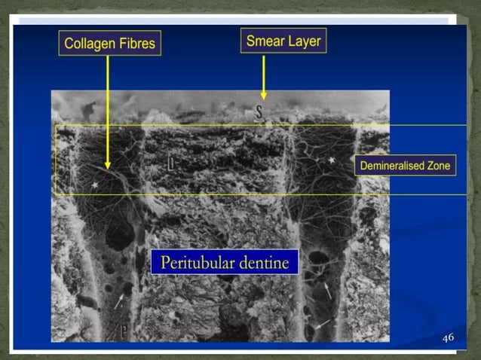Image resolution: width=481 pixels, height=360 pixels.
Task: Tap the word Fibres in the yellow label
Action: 136,44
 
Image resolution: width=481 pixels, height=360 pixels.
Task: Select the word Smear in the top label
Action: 263,41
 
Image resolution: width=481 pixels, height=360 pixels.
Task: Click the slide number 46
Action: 448,337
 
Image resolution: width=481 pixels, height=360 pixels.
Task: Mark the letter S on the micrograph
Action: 258,113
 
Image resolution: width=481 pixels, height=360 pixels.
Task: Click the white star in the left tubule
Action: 95,184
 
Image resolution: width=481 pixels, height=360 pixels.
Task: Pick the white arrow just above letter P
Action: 119,301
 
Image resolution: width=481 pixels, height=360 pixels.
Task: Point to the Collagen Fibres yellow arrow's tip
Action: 108,167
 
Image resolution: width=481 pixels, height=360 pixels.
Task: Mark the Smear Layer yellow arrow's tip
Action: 263,98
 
